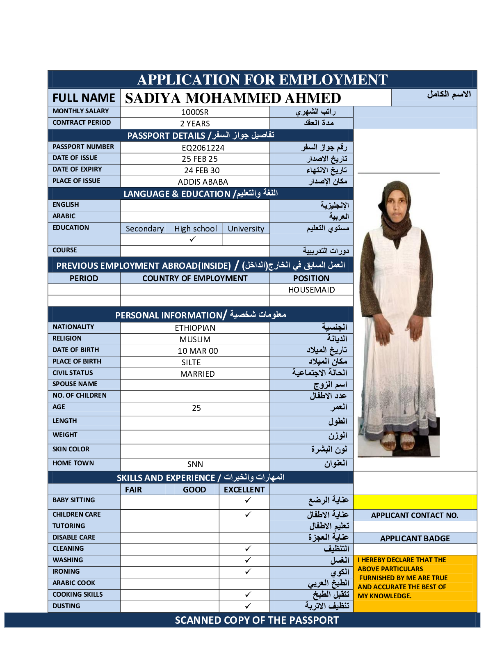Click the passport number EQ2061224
point(203,148)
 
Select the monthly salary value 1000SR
point(195,112)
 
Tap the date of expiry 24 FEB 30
point(202,170)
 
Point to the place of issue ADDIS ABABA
point(203,182)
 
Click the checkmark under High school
point(193,239)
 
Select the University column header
point(246,229)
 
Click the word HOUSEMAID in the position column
point(311,290)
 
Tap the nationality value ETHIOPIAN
point(195,328)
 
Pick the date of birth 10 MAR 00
point(198,351)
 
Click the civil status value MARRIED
point(197,374)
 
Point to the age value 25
point(196,408)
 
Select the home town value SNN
point(195,464)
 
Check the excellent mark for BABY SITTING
point(248,500)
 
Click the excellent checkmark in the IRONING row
point(248,571)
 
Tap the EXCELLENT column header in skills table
point(244,490)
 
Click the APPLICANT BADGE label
point(415,538)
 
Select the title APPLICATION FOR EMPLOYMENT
point(262,80)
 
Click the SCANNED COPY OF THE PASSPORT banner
point(257,620)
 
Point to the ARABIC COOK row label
point(74,583)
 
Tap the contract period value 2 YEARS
point(195,124)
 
